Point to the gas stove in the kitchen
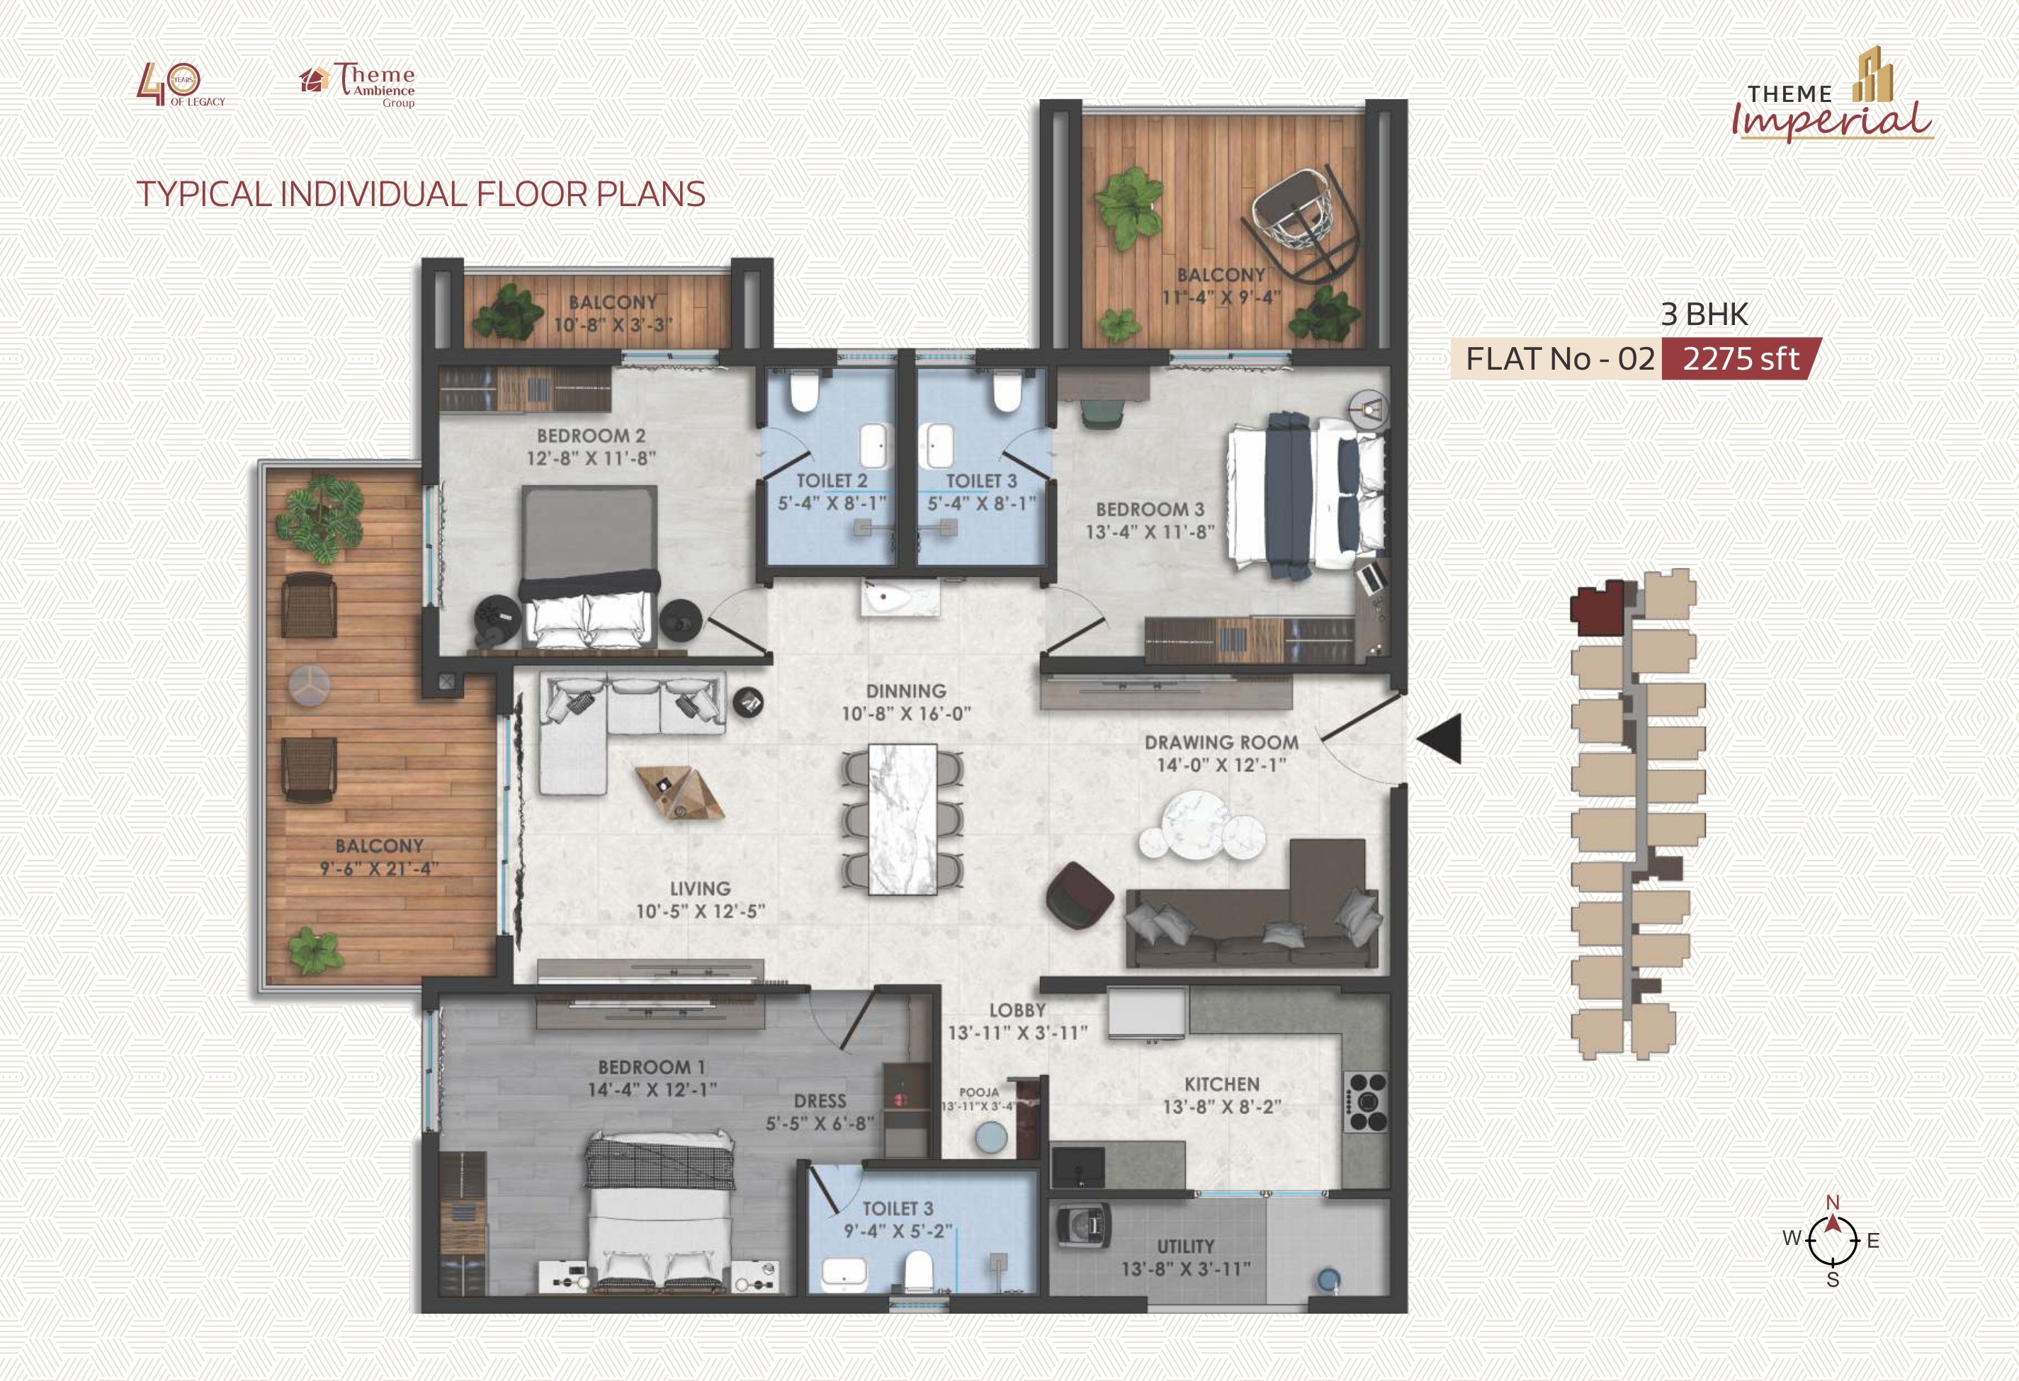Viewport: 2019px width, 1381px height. coord(1367,1103)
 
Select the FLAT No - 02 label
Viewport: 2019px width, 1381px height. coord(1560,359)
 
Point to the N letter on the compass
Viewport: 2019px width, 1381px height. coord(1832,1202)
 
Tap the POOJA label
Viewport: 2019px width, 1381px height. coord(978,1092)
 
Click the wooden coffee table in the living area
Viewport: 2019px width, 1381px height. coord(679,791)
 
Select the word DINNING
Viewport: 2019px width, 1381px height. coord(905,691)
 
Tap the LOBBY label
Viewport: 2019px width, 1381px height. coord(1017,1010)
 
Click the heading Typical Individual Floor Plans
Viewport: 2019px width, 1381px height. coord(422,193)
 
